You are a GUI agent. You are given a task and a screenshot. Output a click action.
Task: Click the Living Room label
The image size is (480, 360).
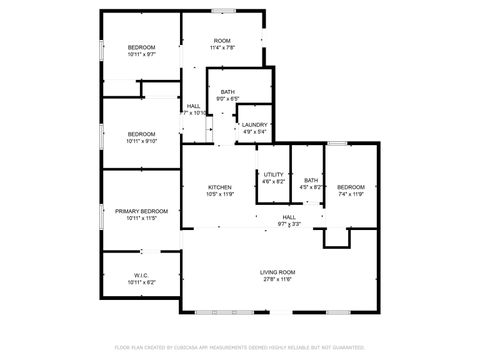[277, 271]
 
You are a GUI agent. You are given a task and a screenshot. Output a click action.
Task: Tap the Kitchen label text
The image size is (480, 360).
[220, 187]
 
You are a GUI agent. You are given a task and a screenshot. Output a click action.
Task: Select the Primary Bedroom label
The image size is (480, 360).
[141, 211]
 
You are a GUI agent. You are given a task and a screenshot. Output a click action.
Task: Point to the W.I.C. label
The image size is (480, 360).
[141, 275]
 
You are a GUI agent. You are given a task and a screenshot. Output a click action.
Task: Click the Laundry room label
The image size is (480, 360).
[254, 125]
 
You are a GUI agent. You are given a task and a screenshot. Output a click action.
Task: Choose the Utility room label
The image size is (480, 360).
[273, 174]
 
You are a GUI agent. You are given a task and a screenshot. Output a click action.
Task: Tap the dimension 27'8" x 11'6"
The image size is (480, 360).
[277, 279]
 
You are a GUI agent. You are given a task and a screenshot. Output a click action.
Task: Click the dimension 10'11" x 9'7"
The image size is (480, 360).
[141, 55]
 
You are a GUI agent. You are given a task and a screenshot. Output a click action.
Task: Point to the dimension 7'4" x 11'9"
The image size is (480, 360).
[350, 194]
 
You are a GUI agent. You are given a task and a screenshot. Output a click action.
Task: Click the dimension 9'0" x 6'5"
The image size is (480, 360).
[228, 99]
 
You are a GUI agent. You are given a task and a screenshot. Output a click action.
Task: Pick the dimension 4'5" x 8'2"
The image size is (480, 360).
[312, 187]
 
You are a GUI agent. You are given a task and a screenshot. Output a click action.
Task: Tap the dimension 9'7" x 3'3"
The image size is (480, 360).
[289, 224]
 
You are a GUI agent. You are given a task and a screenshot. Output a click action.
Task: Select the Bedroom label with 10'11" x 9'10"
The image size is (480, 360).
[141, 133]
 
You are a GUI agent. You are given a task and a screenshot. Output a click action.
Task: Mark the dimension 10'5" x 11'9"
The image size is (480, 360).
[220, 194]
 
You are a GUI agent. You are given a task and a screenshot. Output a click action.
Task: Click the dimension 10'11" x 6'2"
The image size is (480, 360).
[141, 282]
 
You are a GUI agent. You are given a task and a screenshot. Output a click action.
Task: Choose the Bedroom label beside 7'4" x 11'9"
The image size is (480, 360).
[350, 187]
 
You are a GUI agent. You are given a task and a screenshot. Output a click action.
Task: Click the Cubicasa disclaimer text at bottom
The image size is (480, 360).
[240, 347]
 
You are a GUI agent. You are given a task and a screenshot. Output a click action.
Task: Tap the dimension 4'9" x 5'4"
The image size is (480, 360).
[254, 132]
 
